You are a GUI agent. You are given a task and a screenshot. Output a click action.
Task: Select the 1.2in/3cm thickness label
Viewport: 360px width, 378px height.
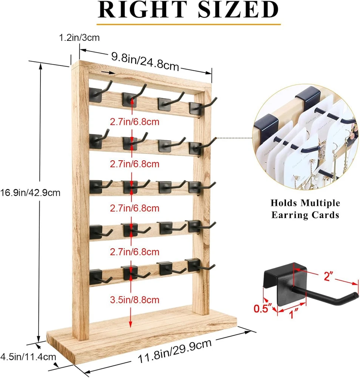click(79, 37)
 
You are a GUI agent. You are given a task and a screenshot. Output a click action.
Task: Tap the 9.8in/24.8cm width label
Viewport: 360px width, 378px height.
click(145, 61)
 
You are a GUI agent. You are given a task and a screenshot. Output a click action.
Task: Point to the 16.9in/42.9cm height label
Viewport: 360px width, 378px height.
click(30, 192)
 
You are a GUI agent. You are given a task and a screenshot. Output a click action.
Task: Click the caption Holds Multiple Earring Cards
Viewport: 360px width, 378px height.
click(305, 209)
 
